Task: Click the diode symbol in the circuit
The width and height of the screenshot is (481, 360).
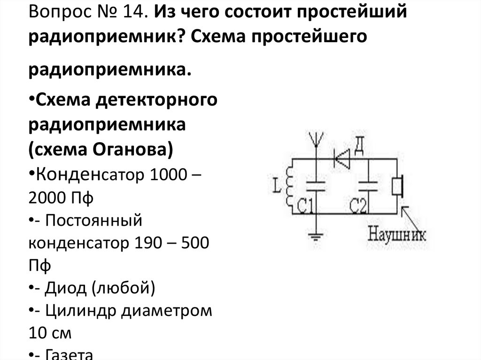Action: point(341,158)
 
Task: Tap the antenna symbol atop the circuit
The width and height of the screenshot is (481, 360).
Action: point(316,140)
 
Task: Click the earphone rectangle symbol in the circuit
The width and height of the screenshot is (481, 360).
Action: point(398,186)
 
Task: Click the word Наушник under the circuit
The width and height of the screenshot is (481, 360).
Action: point(397,233)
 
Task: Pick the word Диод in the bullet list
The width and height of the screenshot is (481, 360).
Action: point(65,287)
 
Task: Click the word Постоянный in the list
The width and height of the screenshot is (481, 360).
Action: point(93,220)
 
